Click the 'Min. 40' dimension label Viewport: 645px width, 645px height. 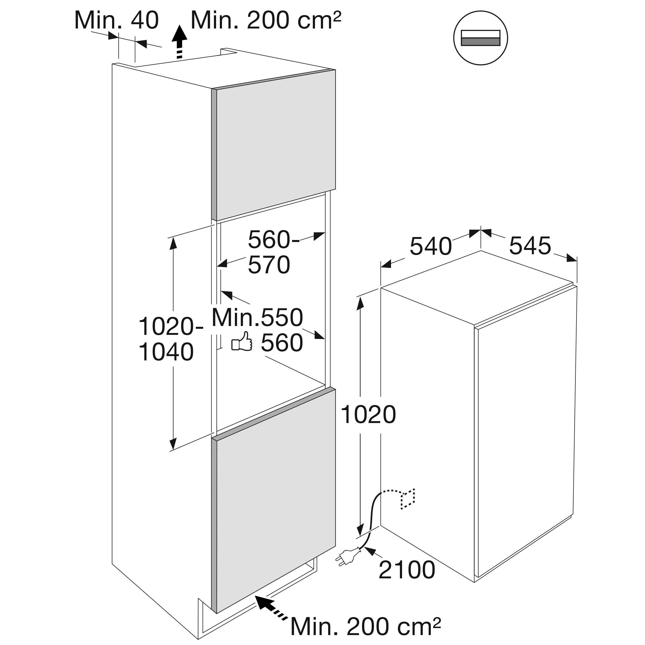116,20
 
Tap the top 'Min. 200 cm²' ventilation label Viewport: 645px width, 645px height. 266,20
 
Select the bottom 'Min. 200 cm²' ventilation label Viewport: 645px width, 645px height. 365,626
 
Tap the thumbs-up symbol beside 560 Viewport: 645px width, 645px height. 242,342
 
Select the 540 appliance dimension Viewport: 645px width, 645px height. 430,246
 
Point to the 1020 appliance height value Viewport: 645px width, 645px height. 368,415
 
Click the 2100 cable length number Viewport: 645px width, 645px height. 407,570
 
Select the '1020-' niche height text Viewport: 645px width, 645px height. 171,326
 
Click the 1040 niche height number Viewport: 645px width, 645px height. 166,352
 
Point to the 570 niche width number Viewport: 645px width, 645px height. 269,265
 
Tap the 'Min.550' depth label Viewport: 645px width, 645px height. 257,317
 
